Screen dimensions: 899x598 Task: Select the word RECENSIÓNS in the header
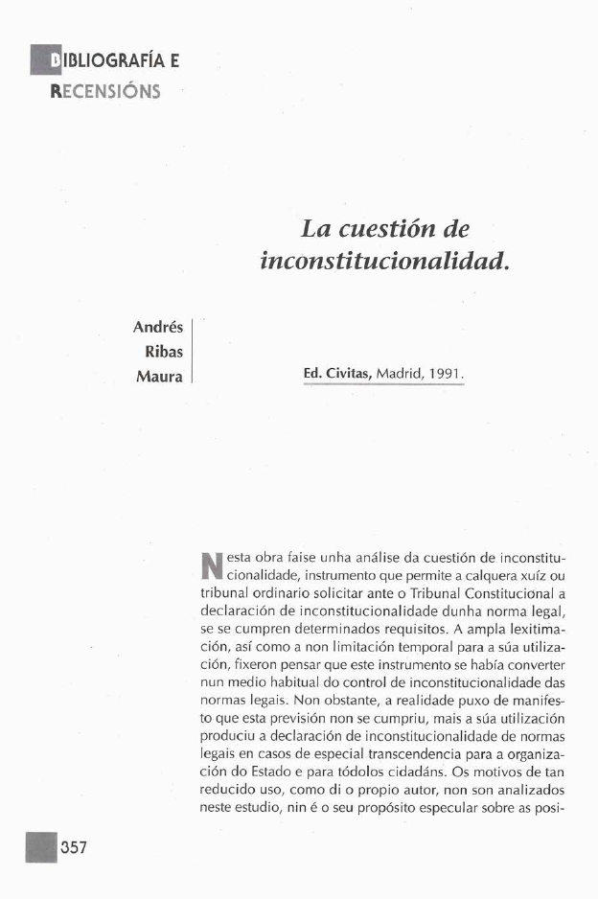click(105, 92)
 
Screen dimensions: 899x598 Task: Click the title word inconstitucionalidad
click(381, 260)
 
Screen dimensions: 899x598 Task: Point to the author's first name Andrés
click(158, 327)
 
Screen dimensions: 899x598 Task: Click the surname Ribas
click(164, 351)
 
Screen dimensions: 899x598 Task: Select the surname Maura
click(160, 375)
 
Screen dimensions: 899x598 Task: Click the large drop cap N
click(209, 567)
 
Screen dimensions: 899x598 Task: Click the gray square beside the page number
click(41, 846)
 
